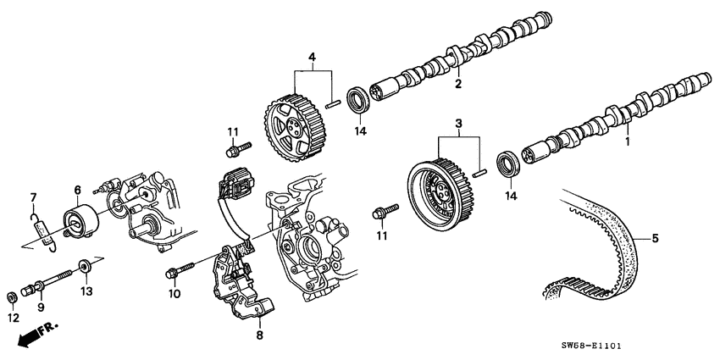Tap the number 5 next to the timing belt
(654, 240)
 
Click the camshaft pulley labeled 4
(291, 126)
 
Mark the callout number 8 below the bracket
(260, 335)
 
